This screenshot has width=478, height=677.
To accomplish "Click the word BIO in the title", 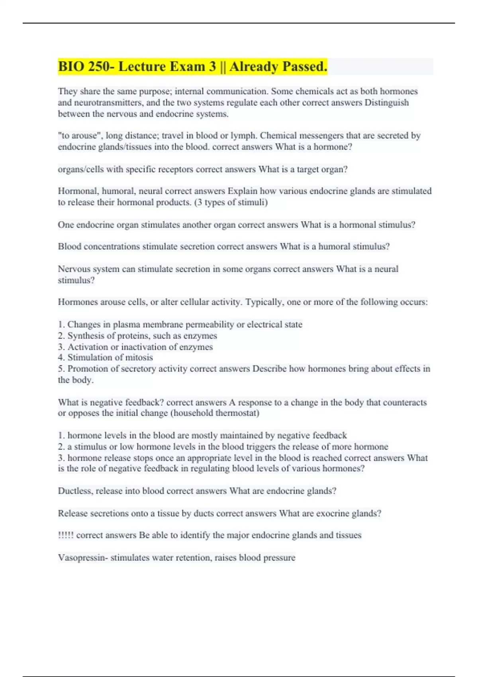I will pos(71,67).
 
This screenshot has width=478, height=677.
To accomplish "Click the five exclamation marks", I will pos(66,535).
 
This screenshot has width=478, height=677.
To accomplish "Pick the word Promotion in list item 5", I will pos(87,369).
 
